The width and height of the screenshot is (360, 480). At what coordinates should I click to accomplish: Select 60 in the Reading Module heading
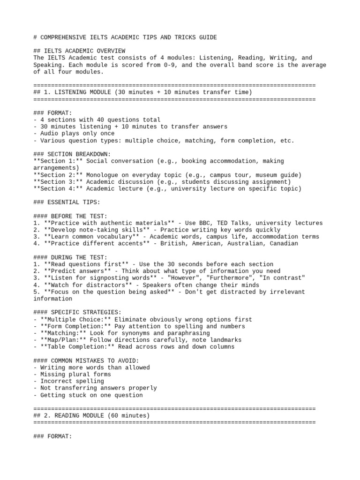tap(112, 416)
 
